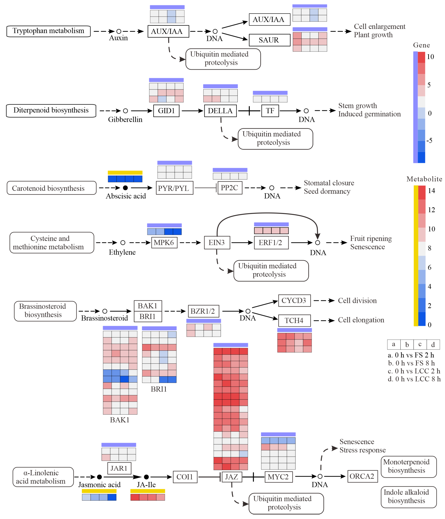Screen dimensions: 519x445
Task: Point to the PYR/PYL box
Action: point(174,188)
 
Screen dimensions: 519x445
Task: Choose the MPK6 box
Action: point(164,243)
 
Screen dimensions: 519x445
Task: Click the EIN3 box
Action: point(217,243)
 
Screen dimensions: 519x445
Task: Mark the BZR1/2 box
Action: point(203,311)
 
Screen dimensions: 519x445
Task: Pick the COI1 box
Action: point(185,477)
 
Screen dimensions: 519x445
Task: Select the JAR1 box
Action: point(119,468)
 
